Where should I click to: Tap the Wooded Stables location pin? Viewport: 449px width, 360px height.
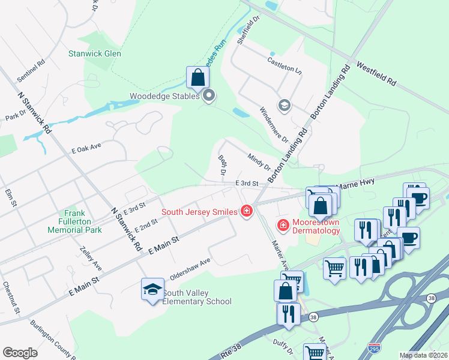click(209, 95)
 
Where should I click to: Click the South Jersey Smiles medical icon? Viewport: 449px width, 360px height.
click(246, 211)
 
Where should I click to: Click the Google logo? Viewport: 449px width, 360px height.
click(20, 353)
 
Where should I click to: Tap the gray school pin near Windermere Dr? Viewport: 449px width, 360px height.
click(283, 106)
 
